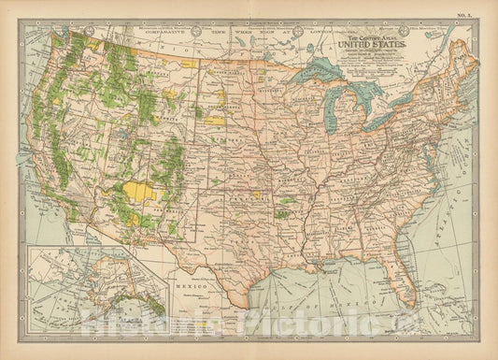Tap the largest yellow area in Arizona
(x=143, y=192)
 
